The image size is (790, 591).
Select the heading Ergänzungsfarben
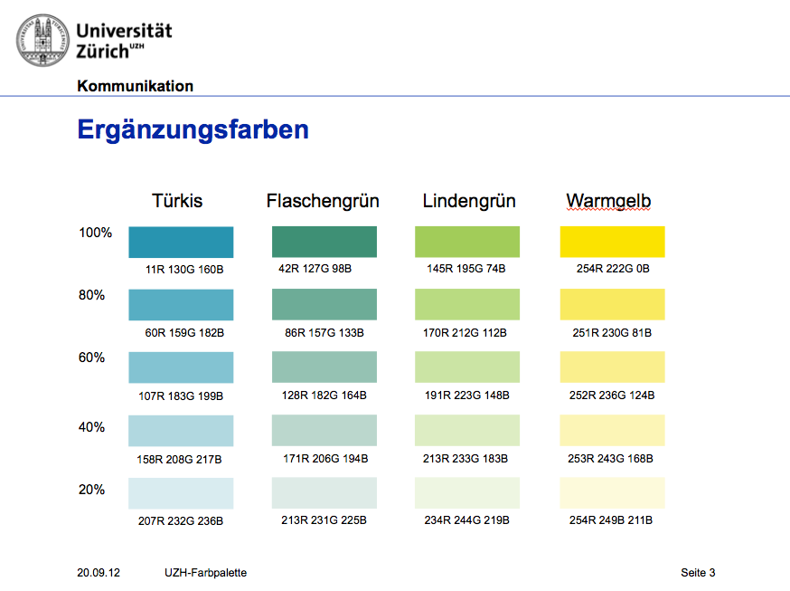point(193,129)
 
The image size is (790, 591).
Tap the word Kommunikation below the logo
point(136,87)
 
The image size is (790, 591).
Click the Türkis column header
point(177,201)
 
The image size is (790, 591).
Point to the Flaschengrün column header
point(323,201)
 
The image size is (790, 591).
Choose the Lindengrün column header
point(469,201)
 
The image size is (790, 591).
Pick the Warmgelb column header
point(608,201)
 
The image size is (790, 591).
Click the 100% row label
point(96,233)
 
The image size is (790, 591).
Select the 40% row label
point(92,427)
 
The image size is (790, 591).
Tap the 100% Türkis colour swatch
point(181,242)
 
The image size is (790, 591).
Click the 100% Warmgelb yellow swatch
point(613,242)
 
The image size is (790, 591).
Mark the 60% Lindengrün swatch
point(467,367)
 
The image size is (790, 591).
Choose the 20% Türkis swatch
point(181,492)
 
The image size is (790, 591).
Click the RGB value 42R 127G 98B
point(315,269)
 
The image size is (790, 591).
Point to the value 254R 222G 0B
point(613,269)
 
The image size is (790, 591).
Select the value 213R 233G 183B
point(466,459)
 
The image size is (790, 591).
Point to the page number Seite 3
point(698,573)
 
